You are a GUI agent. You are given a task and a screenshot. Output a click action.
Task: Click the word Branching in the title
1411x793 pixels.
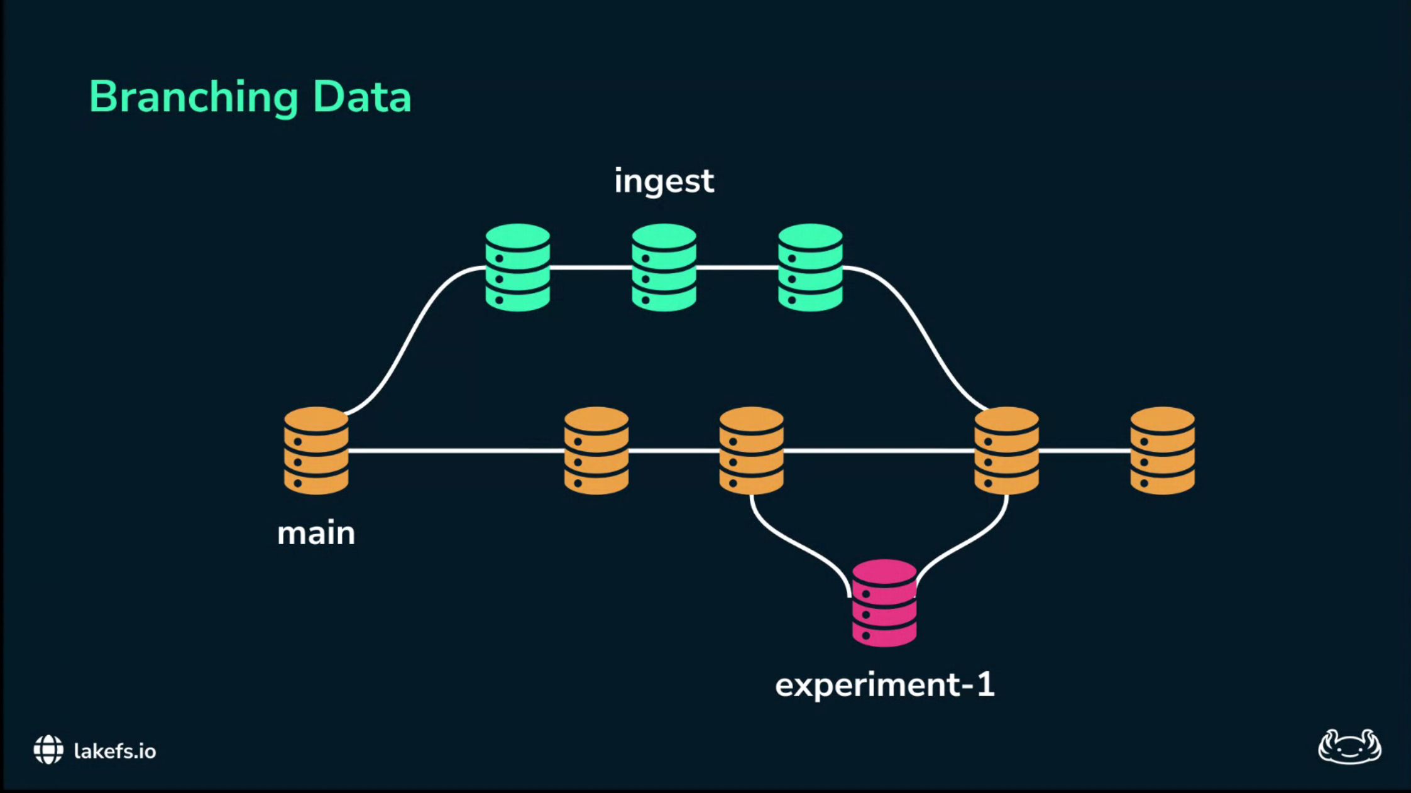pyautogui.click(x=193, y=97)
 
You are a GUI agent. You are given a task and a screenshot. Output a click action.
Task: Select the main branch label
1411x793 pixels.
pyautogui.click(x=316, y=533)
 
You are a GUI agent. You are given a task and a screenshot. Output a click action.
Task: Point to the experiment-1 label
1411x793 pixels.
pyautogui.click(x=884, y=684)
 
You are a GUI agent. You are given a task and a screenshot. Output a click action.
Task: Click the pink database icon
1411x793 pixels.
pyautogui.click(x=884, y=603)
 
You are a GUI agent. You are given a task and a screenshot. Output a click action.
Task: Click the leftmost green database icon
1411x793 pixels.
pyautogui.click(x=517, y=268)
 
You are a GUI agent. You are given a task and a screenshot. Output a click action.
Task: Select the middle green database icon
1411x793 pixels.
pyautogui.click(x=664, y=268)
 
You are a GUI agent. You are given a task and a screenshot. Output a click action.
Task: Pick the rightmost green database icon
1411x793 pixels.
pyautogui.click(x=810, y=268)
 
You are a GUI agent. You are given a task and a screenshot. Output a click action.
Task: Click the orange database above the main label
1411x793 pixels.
pyautogui.click(x=316, y=451)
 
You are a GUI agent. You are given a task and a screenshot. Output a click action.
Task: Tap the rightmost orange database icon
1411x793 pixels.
pyautogui.click(x=1162, y=451)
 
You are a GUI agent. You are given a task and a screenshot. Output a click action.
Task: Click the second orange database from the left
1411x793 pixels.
pyautogui.click(x=596, y=451)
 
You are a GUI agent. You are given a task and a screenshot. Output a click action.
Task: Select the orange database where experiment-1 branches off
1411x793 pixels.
pyautogui.click(x=751, y=451)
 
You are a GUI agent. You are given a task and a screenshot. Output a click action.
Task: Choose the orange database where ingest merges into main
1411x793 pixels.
pyautogui.click(x=1006, y=451)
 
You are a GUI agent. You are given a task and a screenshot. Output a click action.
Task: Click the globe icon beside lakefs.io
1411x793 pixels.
pyautogui.click(x=48, y=750)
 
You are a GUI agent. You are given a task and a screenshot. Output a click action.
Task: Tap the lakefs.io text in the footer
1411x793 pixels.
pyautogui.click(x=115, y=752)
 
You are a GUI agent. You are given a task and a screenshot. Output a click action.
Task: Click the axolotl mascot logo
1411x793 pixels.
pyautogui.click(x=1349, y=747)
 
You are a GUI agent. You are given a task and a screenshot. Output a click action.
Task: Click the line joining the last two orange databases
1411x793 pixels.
pyautogui.click(x=1084, y=451)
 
